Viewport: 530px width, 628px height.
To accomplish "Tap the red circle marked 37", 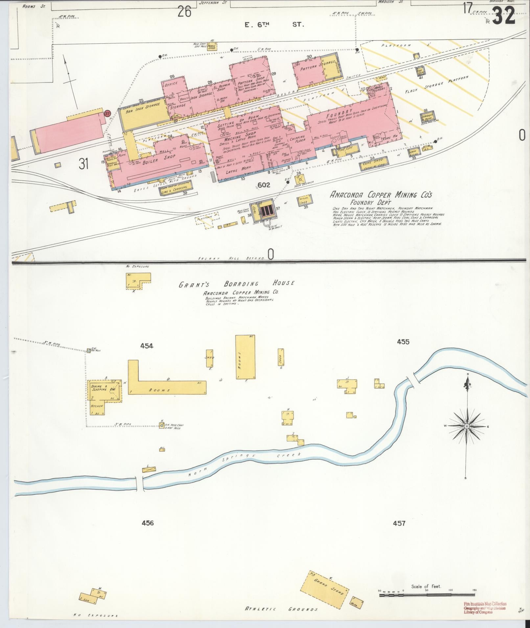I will [107, 113].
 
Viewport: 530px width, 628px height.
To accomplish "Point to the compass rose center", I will [466, 426].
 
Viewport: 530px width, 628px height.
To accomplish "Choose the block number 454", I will [147, 345].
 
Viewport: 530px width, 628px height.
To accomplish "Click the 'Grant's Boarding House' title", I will [236, 284].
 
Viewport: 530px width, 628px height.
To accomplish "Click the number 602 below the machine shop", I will [264, 185].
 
